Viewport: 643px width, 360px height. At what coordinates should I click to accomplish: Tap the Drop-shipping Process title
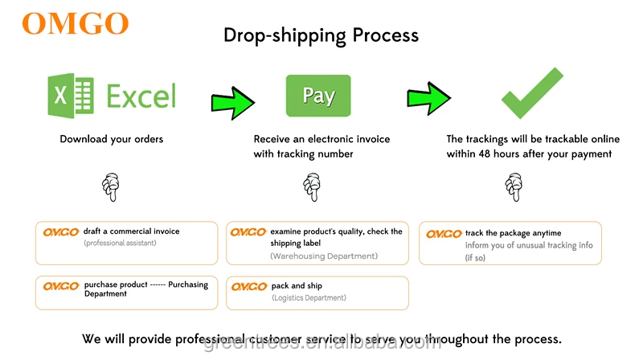tap(321, 35)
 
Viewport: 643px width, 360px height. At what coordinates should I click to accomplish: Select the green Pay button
tap(318, 96)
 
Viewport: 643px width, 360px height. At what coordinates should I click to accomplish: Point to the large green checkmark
tap(532, 94)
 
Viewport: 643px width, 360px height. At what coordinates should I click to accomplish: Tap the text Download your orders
tap(112, 139)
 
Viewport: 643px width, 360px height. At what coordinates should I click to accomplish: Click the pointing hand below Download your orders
tap(111, 188)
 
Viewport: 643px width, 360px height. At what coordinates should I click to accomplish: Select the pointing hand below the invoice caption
tap(312, 188)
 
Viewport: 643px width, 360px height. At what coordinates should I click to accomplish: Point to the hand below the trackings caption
tap(513, 188)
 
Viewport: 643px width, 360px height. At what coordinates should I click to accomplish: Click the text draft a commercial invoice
tap(131, 231)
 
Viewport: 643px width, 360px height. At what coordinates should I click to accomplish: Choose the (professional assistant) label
tap(120, 243)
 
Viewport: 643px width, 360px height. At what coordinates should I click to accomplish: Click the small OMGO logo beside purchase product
tap(60, 286)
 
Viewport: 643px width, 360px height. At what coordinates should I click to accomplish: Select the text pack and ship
tap(297, 286)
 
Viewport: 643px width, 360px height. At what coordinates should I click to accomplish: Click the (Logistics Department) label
tap(309, 297)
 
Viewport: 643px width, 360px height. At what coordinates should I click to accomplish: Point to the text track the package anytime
tap(513, 233)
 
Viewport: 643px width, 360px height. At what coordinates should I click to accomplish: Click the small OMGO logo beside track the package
tap(444, 234)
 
